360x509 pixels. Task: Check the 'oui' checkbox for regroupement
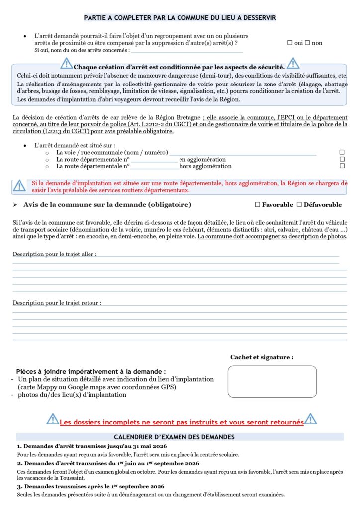pos(290,43)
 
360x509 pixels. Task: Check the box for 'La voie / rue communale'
pos(342,152)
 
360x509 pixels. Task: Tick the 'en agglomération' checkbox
pos(342,159)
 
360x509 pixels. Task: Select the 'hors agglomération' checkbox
pos(342,166)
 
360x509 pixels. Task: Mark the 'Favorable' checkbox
pos(257,205)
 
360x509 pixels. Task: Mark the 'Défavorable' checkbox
pos(299,205)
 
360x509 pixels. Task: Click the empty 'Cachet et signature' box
pos(271,381)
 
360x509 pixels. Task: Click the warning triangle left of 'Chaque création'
pos(67,63)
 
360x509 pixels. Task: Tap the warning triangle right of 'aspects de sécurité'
pos(293,63)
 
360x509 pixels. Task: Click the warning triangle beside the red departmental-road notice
pos(19,186)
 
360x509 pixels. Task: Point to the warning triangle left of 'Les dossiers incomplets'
pos(53,419)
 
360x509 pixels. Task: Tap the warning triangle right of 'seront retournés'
pos(311,419)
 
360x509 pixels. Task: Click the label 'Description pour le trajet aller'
pos(55,254)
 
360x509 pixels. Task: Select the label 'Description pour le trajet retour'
pos(57,303)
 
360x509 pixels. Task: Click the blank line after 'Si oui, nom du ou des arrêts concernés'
pos(186,51)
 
